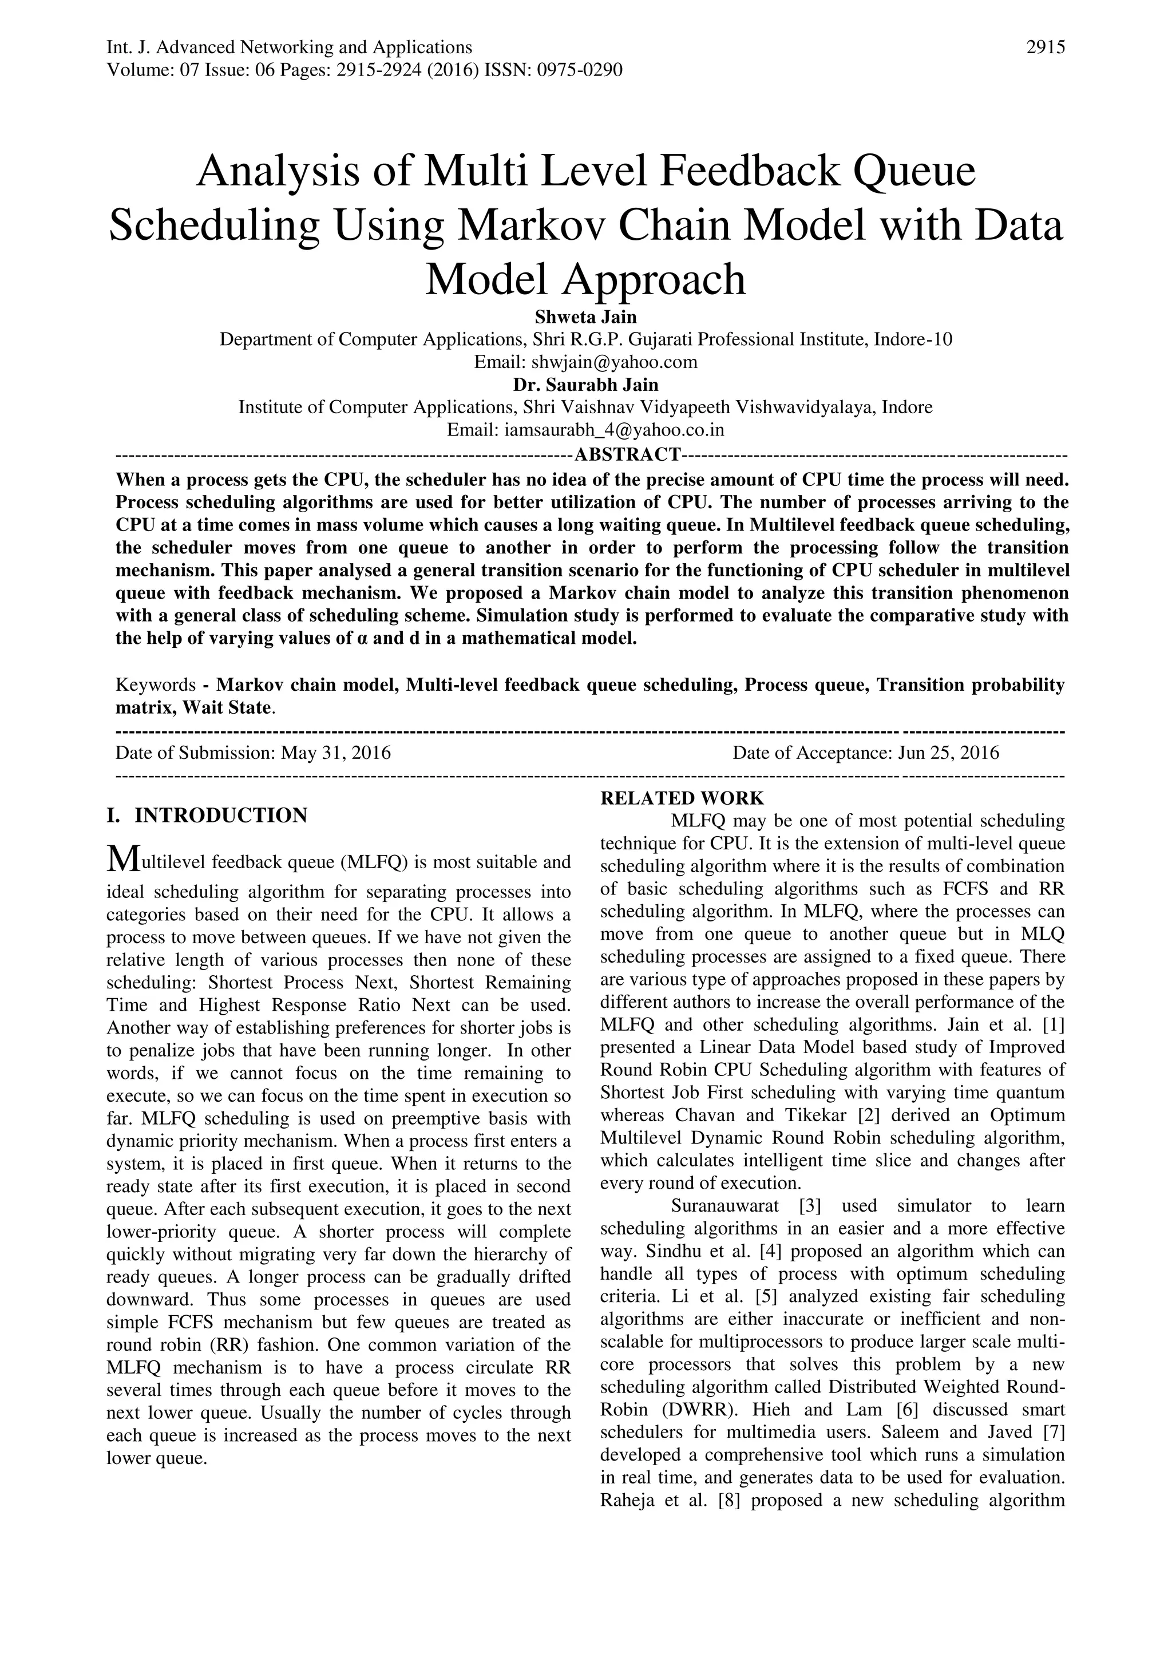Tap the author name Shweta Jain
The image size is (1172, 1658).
(x=585, y=317)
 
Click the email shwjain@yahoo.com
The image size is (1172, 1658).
(x=614, y=362)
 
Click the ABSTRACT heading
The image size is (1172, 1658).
(x=627, y=454)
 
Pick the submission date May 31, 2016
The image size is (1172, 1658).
(x=336, y=753)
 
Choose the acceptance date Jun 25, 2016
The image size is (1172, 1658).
(x=948, y=753)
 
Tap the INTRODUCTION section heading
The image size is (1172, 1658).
(x=220, y=816)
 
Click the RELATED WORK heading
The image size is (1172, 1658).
(x=682, y=798)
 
